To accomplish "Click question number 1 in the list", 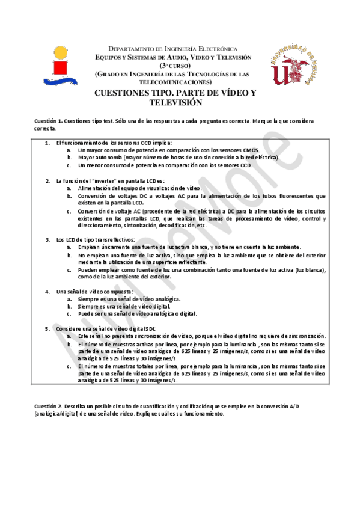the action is [47, 143].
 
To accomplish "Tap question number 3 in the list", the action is [47, 239].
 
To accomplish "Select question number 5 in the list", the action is [47, 328].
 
